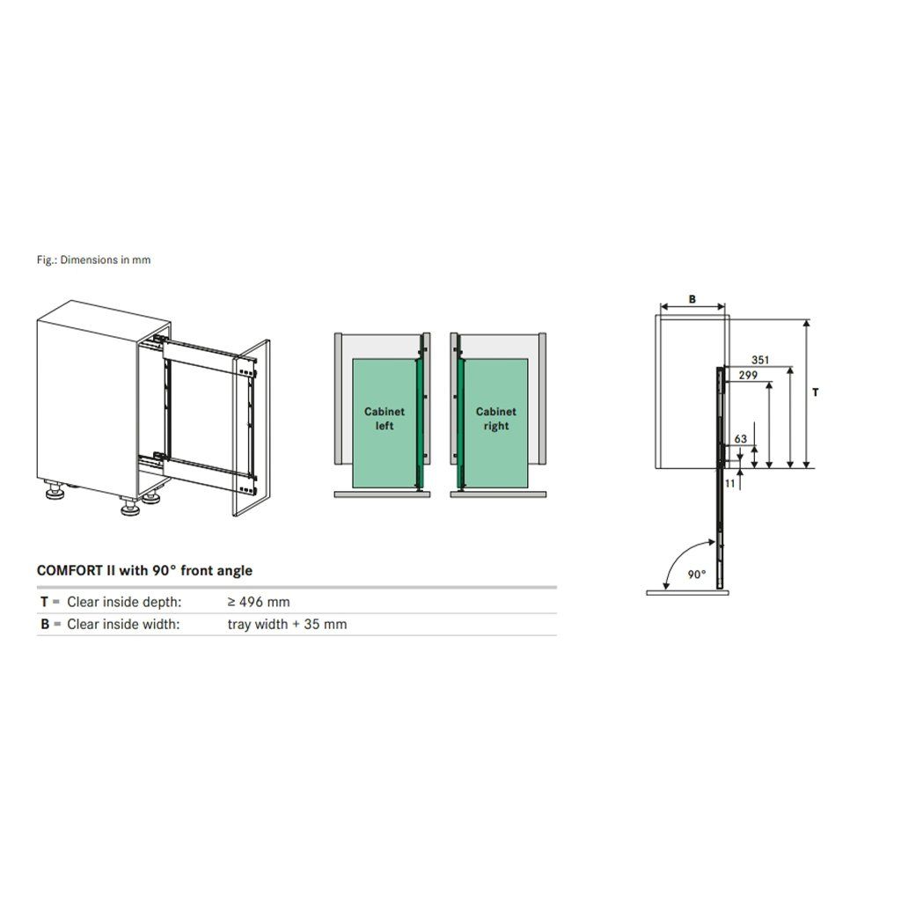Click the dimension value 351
[x=759, y=360]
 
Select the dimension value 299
[x=748, y=375]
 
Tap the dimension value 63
[x=740, y=439]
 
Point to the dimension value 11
[x=729, y=483]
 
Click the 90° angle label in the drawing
[x=697, y=574]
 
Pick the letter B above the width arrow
[x=692, y=299]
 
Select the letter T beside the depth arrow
[x=815, y=392]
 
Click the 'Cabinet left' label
[x=385, y=418]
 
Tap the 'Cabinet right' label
[x=496, y=418]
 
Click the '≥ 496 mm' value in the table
[x=259, y=602]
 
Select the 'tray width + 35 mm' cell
[x=287, y=624]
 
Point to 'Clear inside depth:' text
[x=124, y=602]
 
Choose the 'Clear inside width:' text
[x=123, y=624]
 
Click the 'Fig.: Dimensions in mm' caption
[x=93, y=260]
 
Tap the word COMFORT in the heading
[x=70, y=570]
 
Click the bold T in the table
[x=44, y=602]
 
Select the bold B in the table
[x=45, y=624]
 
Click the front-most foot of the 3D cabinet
[x=131, y=507]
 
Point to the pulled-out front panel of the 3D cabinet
[x=251, y=429]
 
